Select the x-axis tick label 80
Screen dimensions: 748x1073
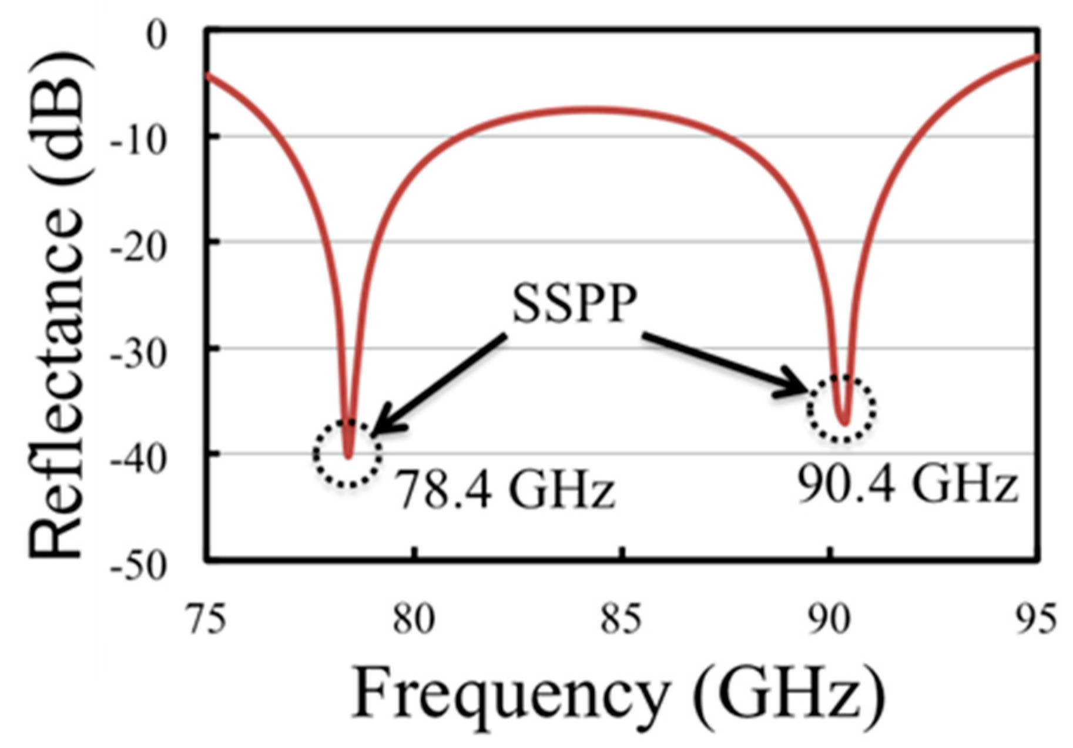click(414, 621)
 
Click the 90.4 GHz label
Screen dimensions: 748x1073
click(907, 485)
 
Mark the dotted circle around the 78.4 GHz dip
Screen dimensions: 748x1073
click(347, 453)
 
